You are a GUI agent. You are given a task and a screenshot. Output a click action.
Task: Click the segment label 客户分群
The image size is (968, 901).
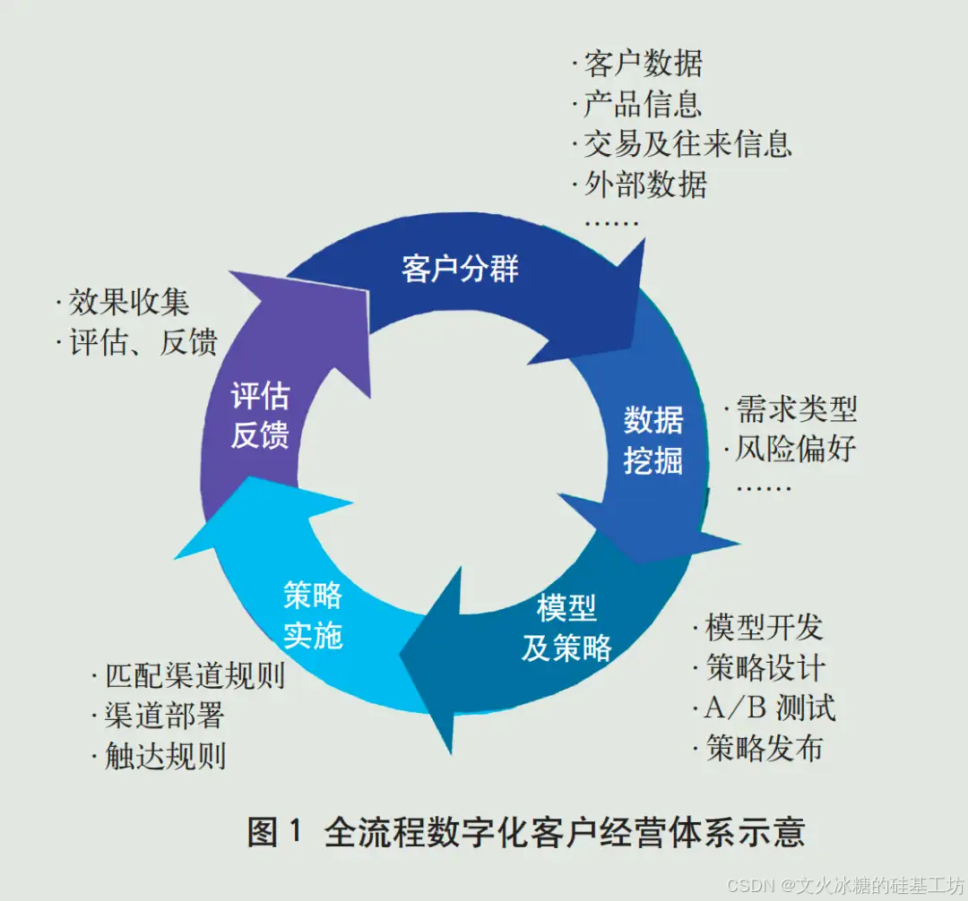[460, 269]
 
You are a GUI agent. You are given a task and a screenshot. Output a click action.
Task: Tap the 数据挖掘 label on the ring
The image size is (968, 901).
[653, 440]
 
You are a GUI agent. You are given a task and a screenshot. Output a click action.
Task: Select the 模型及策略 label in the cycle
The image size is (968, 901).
[566, 628]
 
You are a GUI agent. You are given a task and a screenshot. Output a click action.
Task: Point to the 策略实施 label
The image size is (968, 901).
[313, 615]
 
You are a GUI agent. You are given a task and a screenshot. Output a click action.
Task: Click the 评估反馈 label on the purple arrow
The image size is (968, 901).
[260, 416]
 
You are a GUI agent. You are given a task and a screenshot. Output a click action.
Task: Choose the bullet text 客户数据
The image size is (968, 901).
[643, 64]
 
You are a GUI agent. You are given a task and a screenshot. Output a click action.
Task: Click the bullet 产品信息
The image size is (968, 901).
[643, 104]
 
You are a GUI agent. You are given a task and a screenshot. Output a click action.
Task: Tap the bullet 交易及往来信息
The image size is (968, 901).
[687, 143]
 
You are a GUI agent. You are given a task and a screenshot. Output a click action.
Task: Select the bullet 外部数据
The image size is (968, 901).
[645, 184]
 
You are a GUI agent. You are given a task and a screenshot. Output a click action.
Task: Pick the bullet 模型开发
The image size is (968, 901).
[764, 627]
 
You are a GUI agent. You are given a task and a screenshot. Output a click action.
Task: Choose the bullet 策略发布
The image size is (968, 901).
[764, 748]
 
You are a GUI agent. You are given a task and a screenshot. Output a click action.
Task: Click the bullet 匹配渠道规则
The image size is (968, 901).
[194, 675]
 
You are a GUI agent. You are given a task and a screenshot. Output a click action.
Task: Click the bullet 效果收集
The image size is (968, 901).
[129, 302]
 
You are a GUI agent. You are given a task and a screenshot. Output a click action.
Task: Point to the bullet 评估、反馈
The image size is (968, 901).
[143, 342]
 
